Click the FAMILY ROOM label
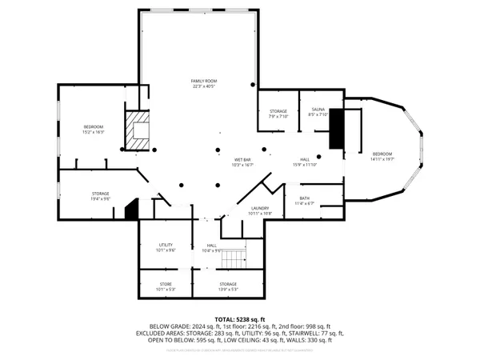203,84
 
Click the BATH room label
305,201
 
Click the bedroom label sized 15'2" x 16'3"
94,130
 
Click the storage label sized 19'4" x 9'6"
100,196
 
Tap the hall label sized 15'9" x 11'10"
305,162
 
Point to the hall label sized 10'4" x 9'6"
212,248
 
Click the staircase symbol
234,258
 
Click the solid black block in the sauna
336,129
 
